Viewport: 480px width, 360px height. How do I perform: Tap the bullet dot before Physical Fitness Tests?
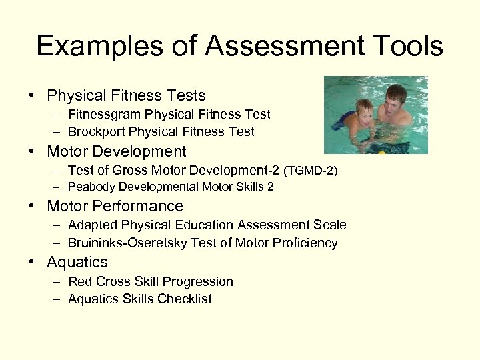(x=32, y=96)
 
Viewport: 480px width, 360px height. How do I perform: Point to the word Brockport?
(x=96, y=132)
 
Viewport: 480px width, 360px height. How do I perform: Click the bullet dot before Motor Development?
(x=32, y=152)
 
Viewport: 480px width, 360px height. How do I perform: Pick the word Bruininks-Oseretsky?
(x=128, y=243)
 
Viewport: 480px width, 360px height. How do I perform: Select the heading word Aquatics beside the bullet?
(x=77, y=263)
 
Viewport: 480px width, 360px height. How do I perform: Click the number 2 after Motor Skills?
(x=270, y=187)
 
